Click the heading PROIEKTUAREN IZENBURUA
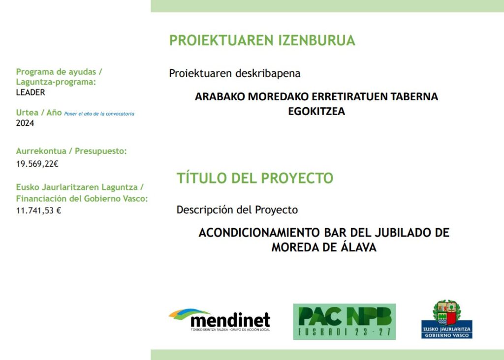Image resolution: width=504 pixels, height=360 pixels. (262, 40)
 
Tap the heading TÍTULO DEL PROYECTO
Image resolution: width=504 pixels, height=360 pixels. (255, 178)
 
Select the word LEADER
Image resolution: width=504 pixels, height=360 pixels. (31, 92)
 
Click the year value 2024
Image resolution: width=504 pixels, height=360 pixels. (25, 123)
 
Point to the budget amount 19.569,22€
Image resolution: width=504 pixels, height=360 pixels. (37, 164)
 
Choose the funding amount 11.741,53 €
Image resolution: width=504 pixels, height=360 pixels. (38, 210)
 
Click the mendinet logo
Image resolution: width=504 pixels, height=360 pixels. (220, 320)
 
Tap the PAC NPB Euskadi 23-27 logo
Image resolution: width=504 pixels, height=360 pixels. (344, 322)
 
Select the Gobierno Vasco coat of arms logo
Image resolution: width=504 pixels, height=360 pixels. (447, 319)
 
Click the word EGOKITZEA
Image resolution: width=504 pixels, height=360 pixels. (316, 111)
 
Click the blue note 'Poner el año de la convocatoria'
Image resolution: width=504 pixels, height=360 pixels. (99, 114)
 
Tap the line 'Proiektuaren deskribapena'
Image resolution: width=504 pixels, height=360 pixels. (235, 73)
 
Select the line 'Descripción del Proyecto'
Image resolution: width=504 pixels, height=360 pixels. (237, 210)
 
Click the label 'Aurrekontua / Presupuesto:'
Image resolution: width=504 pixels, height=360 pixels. (71, 151)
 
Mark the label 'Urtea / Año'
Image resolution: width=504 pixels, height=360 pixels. (39, 113)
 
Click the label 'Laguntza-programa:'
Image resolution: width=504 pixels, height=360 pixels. (56, 82)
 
